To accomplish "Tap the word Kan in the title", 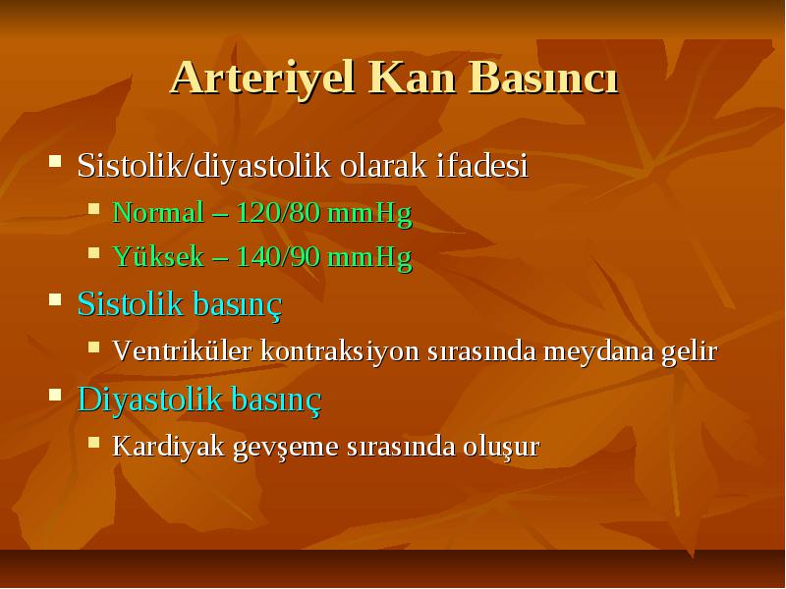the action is point(413,79).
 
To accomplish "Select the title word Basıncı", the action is point(544,79).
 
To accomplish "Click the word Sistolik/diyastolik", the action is point(204,166).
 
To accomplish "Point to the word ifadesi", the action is point(482,165).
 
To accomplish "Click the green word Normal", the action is point(158,212).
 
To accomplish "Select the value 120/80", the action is point(278,212).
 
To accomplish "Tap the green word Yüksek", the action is point(158,256).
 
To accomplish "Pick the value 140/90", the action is point(278,256).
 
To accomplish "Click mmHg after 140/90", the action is point(370,257).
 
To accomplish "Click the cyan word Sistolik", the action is point(130,303).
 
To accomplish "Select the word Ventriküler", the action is point(182,350).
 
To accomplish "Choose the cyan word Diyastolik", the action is point(150,401).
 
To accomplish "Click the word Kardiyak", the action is point(168,447).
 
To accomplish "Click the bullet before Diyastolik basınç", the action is point(55,395).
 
